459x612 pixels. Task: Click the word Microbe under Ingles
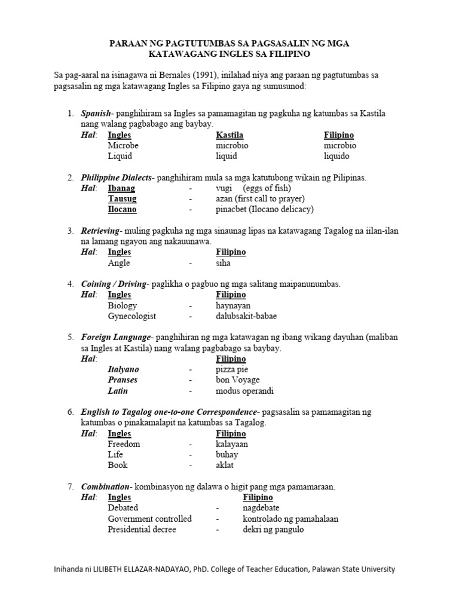click(123, 146)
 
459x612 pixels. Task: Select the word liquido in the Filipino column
click(336, 156)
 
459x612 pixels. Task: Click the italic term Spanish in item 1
click(96, 114)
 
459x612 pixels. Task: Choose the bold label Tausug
click(122, 199)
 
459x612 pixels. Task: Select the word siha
click(223, 263)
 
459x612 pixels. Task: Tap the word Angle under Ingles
click(119, 263)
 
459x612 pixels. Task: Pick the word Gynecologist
click(131, 316)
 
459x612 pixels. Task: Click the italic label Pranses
click(123, 380)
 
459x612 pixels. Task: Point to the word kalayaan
click(232, 444)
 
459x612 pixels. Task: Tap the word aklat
click(225, 465)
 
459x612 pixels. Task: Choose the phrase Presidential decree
click(142, 530)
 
